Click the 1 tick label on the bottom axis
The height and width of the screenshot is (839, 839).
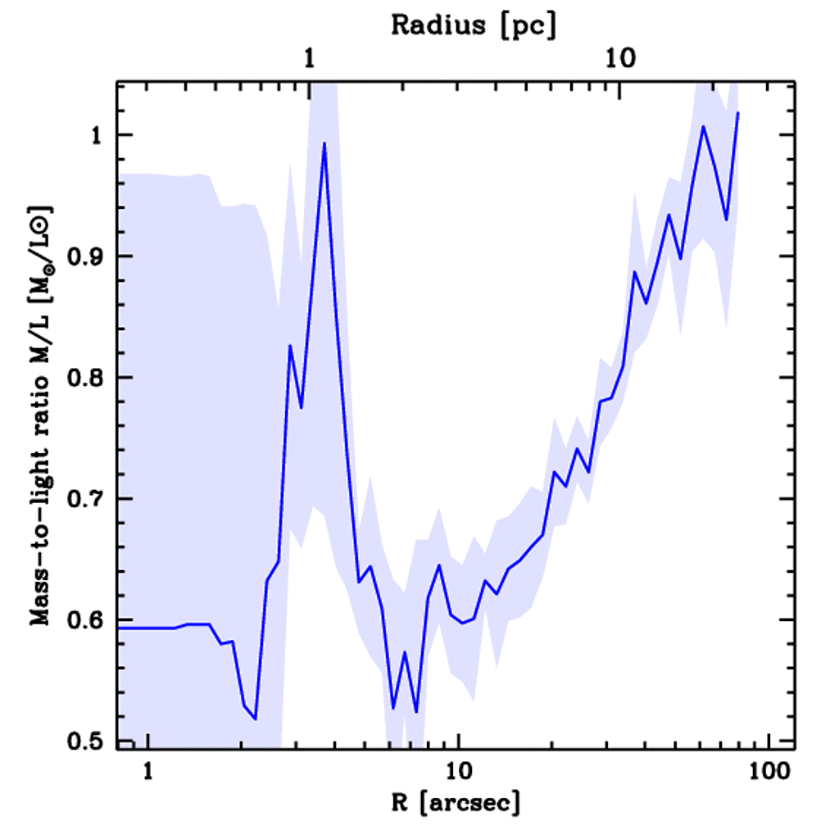tap(148, 771)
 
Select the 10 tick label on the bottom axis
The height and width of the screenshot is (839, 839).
tap(458, 771)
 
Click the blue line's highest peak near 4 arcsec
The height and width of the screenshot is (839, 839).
tap(324, 143)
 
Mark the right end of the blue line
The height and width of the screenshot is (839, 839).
tap(738, 113)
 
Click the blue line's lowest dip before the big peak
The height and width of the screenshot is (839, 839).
tap(256, 719)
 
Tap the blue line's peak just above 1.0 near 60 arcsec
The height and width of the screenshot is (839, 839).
tap(703, 126)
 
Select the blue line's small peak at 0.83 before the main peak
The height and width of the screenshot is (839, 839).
tap(290, 346)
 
